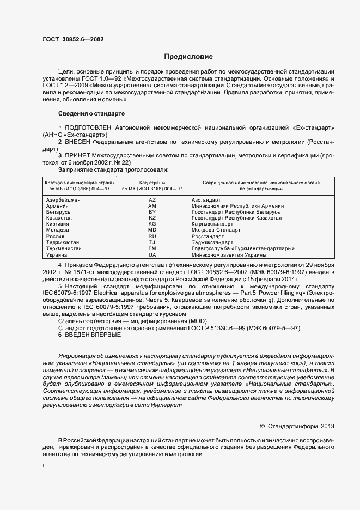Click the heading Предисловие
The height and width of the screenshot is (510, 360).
tap(188, 57)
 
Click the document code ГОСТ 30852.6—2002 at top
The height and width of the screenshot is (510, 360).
tap(73, 39)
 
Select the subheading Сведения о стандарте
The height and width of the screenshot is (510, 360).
tap(91, 113)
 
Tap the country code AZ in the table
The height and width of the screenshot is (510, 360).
tap(152, 201)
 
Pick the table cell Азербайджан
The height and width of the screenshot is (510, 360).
tap(64, 201)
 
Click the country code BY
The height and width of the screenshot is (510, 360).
tap(152, 212)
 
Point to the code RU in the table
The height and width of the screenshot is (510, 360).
tap(152, 237)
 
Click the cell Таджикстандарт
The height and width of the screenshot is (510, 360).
tap(212, 242)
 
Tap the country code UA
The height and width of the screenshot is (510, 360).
tap(152, 254)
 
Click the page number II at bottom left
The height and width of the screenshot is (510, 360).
tap(44, 466)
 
